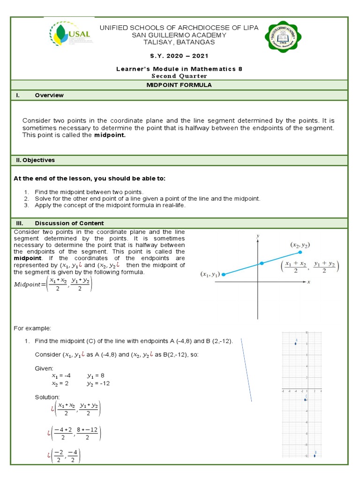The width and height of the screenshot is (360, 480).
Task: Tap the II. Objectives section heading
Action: click(x=34, y=160)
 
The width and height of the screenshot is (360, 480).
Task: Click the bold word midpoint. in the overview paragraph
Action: click(x=110, y=135)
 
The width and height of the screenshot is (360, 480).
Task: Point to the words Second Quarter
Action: click(x=179, y=76)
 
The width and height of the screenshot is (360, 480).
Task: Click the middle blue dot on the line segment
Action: click(x=262, y=263)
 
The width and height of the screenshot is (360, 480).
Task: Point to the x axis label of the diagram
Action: click(x=308, y=282)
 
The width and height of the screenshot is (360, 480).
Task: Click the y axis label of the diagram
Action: click(x=258, y=234)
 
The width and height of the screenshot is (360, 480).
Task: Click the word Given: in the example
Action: click(x=45, y=368)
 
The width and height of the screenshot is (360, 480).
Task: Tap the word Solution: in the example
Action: click(x=47, y=397)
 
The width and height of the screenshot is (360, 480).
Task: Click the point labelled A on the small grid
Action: click(x=295, y=344)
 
